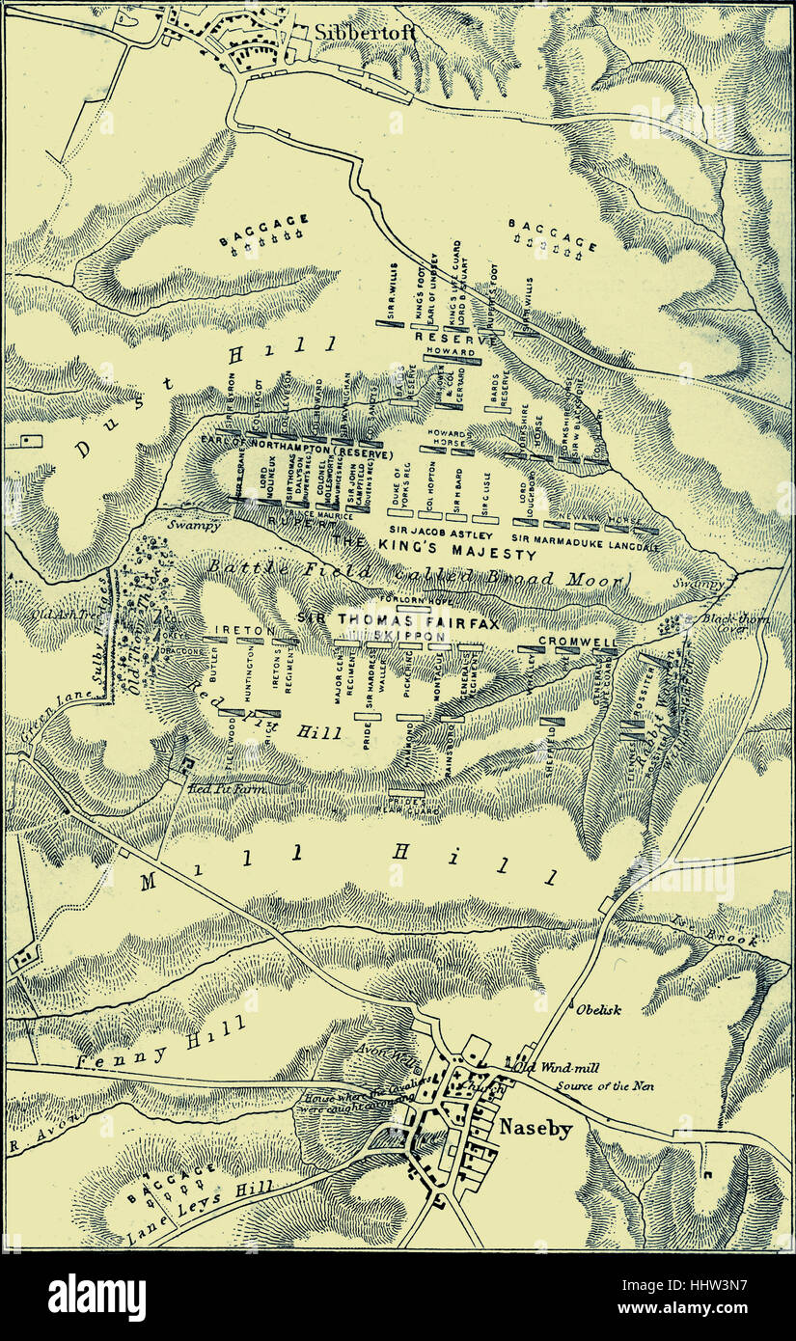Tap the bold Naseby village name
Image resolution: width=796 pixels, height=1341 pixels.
pyautogui.click(x=535, y=1126)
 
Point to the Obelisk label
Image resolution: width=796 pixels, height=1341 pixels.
pyautogui.click(x=597, y=1010)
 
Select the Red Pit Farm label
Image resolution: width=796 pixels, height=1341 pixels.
pyautogui.click(x=229, y=788)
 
